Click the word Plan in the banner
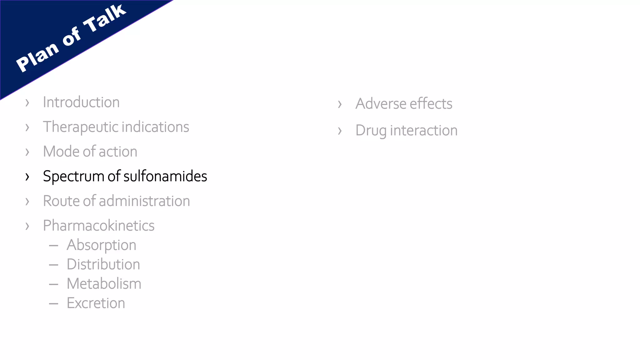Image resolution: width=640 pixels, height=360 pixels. (x=37, y=57)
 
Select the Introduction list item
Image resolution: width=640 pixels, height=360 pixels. (x=81, y=102)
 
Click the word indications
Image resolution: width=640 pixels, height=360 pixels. (x=155, y=127)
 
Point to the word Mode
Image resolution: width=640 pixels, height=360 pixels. (x=61, y=152)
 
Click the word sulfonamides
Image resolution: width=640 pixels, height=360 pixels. (x=165, y=176)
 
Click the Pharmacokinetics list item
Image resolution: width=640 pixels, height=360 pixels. (x=99, y=226)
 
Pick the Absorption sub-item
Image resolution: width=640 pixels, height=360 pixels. (x=101, y=245)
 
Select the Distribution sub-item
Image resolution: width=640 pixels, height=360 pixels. (x=103, y=264)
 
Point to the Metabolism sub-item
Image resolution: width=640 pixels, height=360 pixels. (x=104, y=284)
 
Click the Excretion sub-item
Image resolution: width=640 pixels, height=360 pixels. (x=96, y=303)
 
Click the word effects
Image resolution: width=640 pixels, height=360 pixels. (x=431, y=104)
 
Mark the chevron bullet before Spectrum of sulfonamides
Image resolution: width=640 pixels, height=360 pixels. (x=27, y=177)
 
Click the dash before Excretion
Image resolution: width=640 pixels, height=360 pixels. (x=53, y=303)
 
